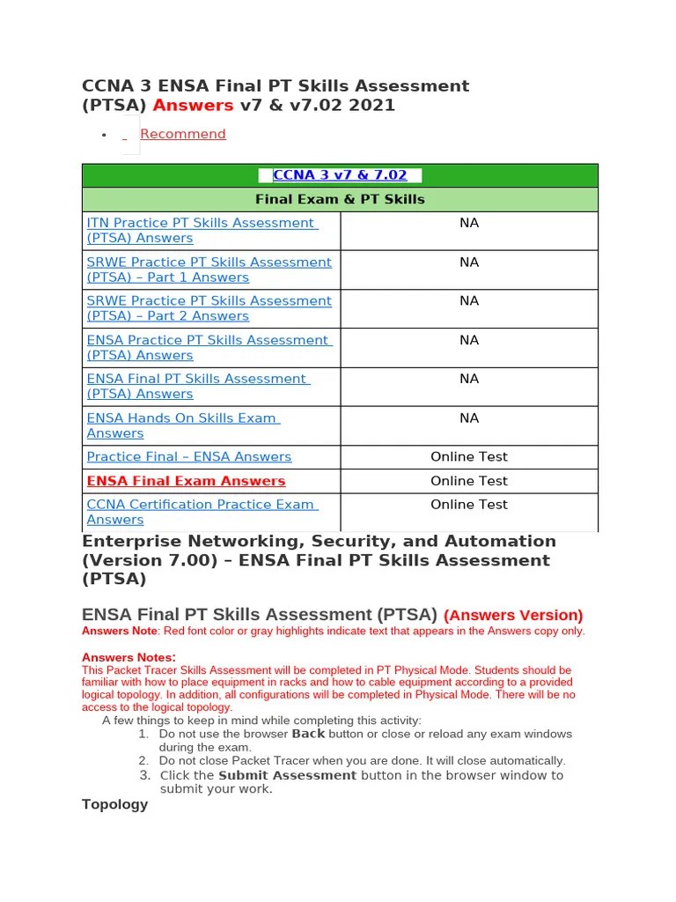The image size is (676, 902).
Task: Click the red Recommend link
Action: pyautogui.click(x=182, y=134)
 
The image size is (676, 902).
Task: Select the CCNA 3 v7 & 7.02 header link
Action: pyautogui.click(x=340, y=175)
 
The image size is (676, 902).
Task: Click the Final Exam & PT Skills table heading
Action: pyautogui.click(x=340, y=199)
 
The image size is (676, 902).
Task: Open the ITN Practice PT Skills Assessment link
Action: pyautogui.click(x=201, y=231)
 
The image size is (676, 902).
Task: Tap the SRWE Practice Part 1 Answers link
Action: pyautogui.click(x=209, y=270)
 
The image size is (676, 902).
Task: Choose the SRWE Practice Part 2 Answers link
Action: pyautogui.click(x=209, y=308)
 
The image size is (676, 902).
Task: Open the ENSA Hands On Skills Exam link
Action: pyautogui.click(x=181, y=425)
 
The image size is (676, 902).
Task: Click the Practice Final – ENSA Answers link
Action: pyautogui.click(x=188, y=456)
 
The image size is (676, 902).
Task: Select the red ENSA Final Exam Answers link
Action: pyautogui.click(x=186, y=481)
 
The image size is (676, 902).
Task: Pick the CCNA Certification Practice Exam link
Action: pyautogui.click(x=201, y=512)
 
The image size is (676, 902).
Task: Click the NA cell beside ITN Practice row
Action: pyautogui.click(x=469, y=224)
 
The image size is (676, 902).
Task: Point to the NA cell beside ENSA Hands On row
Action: pyautogui.click(x=469, y=418)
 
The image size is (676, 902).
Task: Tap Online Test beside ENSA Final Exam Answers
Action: pyautogui.click(x=469, y=481)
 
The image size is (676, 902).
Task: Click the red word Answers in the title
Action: pyautogui.click(x=193, y=106)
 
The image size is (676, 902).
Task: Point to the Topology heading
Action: pyautogui.click(x=114, y=804)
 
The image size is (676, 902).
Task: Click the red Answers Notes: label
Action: pyautogui.click(x=129, y=657)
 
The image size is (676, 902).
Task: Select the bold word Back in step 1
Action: pyautogui.click(x=308, y=734)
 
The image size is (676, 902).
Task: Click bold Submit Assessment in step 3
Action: pyautogui.click(x=287, y=775)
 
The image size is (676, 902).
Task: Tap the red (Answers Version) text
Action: pyautogui.click(x=512, y=615)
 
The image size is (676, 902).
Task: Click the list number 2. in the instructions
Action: pyautogui.click(x=143, y=760)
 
